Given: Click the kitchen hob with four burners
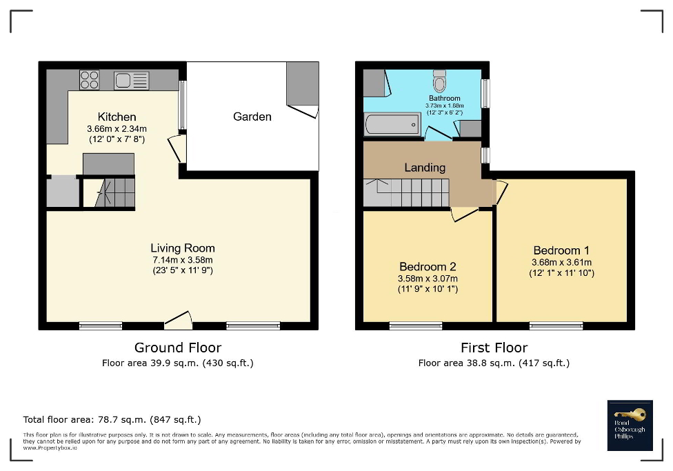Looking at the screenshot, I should coord(90,80).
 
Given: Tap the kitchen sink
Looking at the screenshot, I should coord(131,81).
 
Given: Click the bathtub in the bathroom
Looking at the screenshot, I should coord(392,125).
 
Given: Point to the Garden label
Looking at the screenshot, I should coord(252,117).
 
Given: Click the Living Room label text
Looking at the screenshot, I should coord(183,248).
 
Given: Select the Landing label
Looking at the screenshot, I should coord(425,167).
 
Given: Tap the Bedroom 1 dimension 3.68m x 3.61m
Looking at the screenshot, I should coord(561,262).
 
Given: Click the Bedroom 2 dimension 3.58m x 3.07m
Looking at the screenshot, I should coord(428,278).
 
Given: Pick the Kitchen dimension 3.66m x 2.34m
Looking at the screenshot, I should coord(117,128).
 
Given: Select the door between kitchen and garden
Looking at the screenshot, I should coord(178,148).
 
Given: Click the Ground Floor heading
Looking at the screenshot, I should coord(177,348).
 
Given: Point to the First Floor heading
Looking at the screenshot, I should coord(494,348).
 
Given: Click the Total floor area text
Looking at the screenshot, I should coord(112,419).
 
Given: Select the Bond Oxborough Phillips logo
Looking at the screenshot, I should coord(630,425).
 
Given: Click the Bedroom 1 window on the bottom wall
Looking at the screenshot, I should coord(556,325).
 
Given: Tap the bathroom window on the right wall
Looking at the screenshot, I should coord(485,94).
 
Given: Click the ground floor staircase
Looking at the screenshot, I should coord(114,192).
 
